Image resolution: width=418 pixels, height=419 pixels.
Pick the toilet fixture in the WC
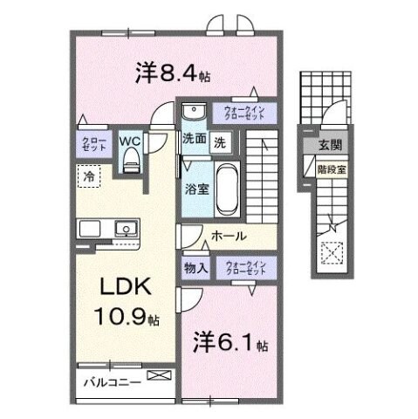(x=132, y=159)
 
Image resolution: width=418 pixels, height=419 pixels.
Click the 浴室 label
(x=195, y=189)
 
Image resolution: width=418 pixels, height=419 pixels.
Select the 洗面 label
(x=194, y=138)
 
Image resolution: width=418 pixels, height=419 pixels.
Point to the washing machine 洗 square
(x=221, y=139)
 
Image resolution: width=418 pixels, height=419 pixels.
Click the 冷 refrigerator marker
(x=88, y=176)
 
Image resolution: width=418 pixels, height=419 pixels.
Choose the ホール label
(x=228, y=236)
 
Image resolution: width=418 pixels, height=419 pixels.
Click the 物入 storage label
(x=195, y=268)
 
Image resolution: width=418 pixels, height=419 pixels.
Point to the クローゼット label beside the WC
(x=94, y=146)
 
